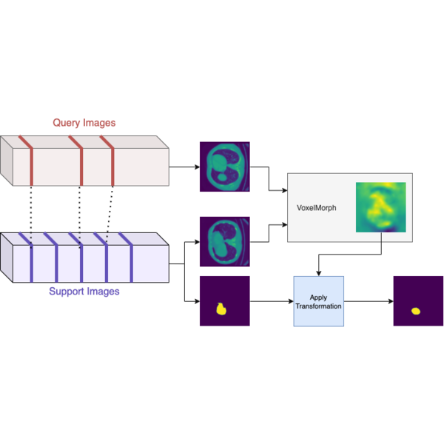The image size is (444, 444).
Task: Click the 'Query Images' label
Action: [x=84, y=123]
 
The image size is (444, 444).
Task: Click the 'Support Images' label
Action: [x=84, y=291]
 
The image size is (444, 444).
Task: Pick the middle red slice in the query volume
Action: [x=80, y=163]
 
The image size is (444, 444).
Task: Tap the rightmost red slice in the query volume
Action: [x=112, y=163]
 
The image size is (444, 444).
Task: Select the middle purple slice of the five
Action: [x=81, y=260]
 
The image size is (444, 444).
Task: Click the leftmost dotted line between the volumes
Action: [x=30, y=211]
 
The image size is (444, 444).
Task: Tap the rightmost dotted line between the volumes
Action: [x=110, y=211]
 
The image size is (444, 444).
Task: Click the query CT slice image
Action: [x=225, y=166]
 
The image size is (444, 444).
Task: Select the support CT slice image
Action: [x=225, y=241]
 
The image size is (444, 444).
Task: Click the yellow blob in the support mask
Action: [x=220, y=309]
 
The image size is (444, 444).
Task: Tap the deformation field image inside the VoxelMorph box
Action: [x=381, y=207]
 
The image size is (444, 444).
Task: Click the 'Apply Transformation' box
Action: [x=319, y=301]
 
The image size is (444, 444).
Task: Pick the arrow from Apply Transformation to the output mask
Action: [x=368, y=301]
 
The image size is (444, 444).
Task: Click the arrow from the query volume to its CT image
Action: [x=185, y=167]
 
